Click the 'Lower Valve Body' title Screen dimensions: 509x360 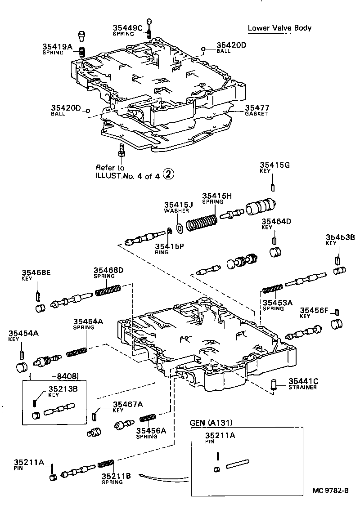pyautogui.click(x=279, y=28)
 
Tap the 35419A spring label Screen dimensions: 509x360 pyautogui.click(x=57, y=46)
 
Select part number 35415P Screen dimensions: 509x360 pyautogui.click(x=169, y=246)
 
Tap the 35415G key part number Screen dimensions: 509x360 pyautogui.click(x=274, y=165)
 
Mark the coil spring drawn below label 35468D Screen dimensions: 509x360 pyautogui.click(x=108, y=291)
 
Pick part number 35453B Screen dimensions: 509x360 pyautogui.click(x=340, y=237)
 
